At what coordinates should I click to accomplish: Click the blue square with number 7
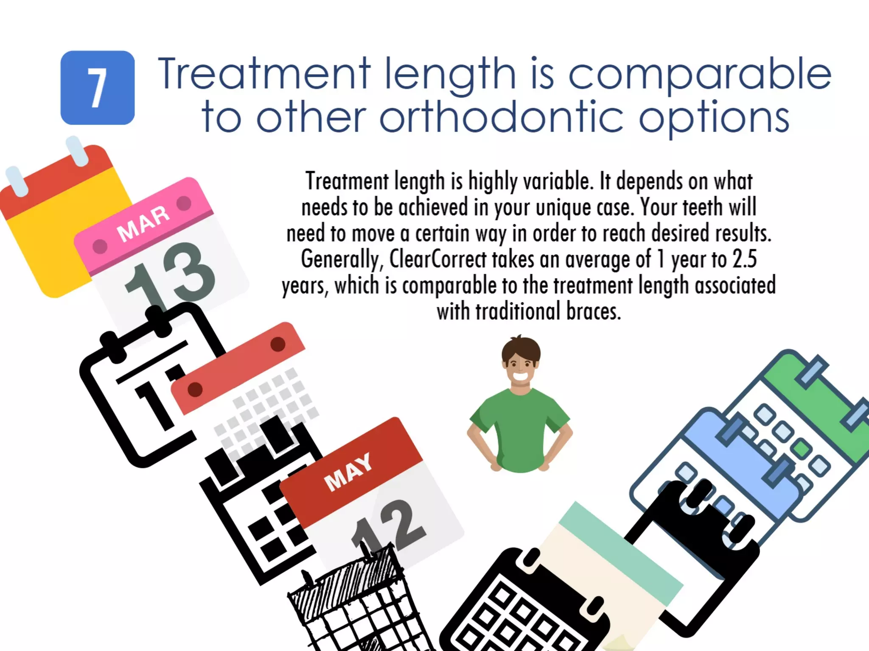98,88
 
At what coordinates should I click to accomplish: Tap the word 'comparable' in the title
699,75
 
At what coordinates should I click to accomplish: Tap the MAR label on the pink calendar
143,223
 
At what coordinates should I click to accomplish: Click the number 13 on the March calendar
170,275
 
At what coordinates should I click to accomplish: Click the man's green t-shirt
520,428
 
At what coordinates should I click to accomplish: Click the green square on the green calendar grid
801,448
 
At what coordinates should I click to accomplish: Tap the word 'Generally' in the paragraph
340,259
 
